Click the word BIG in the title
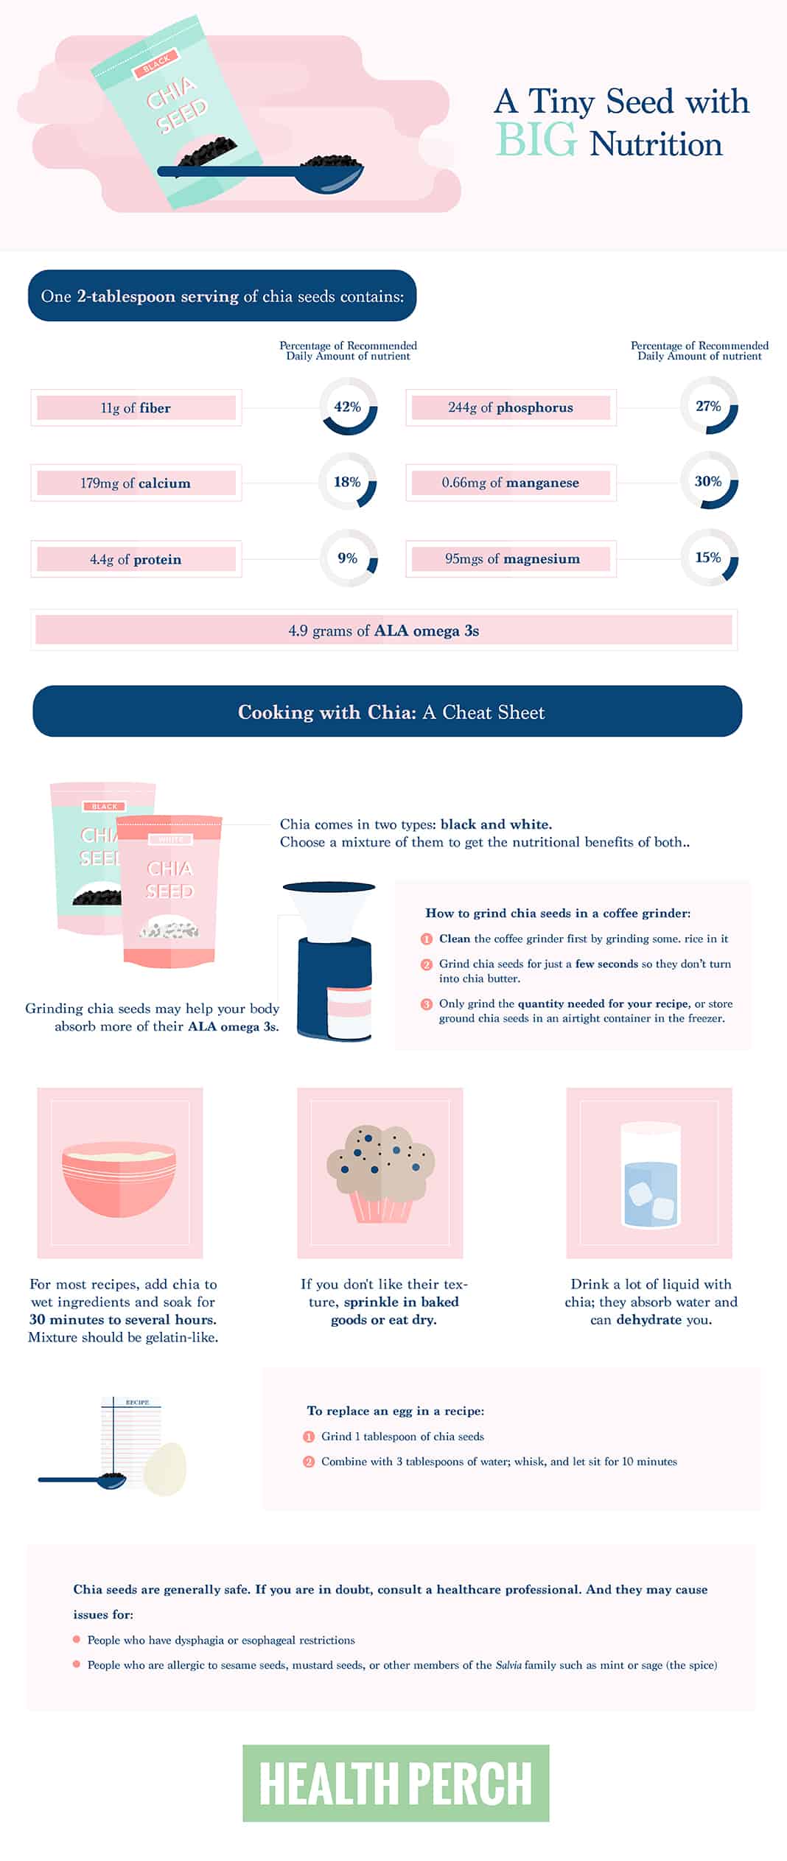(x=536, y=141)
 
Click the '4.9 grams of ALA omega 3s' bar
(x=384, y=631)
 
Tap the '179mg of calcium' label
(x=136, y=483)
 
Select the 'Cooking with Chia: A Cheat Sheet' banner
(x=388, y=712)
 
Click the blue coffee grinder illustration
(x=335, y=961)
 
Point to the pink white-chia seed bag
(x=170, y=891)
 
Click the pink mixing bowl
(x=119, y=1180)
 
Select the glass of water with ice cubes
(x=650, y=1174)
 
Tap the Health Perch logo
(x=396, y=1783)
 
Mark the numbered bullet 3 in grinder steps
(x=427, y=1003)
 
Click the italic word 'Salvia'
(x=508, y=1664)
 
